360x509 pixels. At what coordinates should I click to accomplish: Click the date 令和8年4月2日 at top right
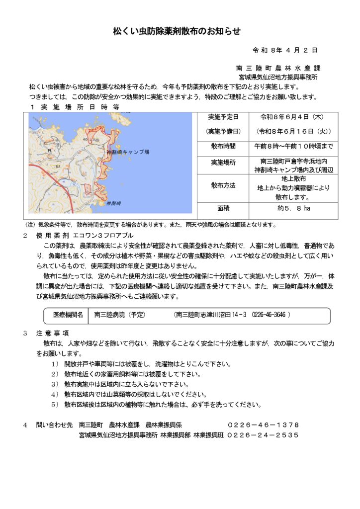pyautogui.click(x=285, y=51)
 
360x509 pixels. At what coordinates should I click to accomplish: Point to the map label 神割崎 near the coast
pyautogui.click(x=113, y=203)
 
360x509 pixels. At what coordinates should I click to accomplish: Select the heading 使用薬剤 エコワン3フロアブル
pyautogui.click(x=85, y=235)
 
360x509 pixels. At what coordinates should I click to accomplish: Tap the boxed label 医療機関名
pyautogui.click(x=68, y=315)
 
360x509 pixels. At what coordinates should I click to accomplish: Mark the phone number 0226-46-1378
pyautogui.click(x=264, y=425)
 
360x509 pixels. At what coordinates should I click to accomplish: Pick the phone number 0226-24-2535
pyautogui.click(x=264, y=435)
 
